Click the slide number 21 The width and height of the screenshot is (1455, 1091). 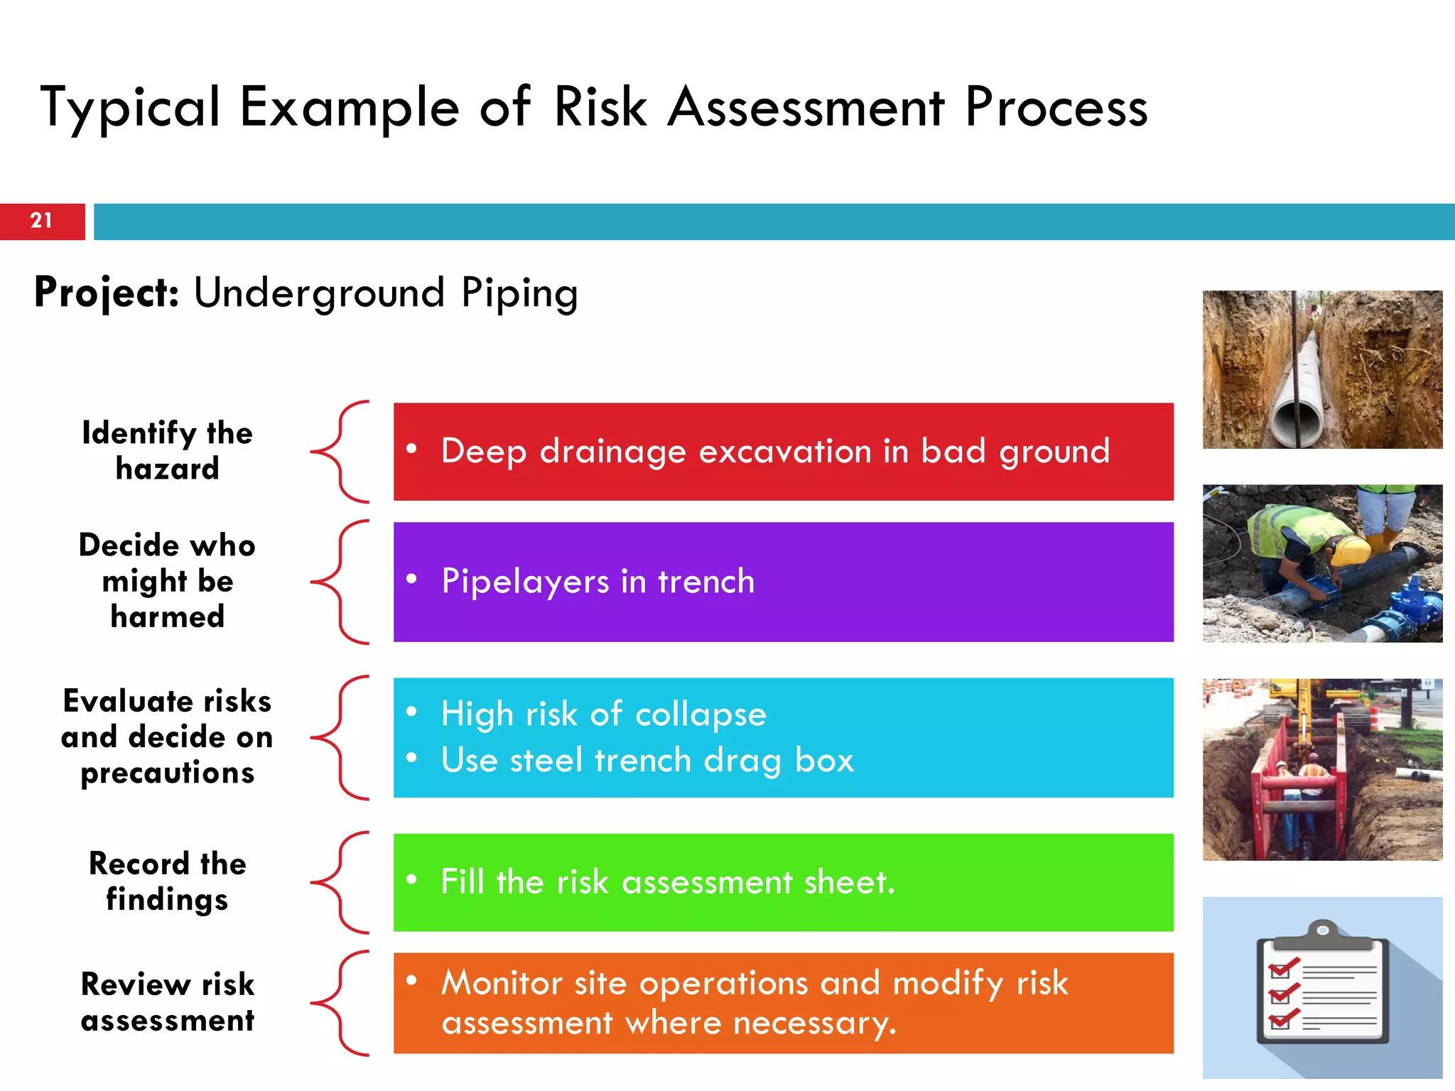pos(41,221)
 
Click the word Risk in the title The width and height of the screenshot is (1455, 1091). pos(600,108)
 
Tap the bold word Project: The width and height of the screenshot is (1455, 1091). pos(107,293)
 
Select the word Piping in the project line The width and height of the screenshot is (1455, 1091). pos(519,293)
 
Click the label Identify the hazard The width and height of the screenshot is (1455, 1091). pos(168,451)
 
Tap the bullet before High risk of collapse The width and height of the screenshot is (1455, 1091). pos(411,712)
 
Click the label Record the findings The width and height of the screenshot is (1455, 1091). pos(168,881)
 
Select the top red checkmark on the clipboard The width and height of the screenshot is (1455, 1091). pos(1283,968)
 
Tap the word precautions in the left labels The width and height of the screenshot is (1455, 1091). pos(168,773)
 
